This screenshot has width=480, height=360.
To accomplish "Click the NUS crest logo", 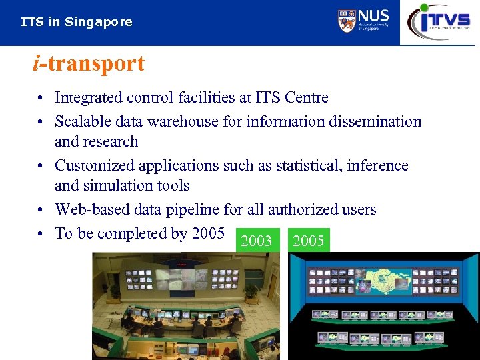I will [347, 21].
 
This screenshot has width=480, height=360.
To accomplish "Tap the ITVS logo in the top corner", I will [439, 21].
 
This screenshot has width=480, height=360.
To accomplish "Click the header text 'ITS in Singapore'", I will [77, 22].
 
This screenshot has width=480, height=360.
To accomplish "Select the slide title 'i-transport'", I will [88, 64].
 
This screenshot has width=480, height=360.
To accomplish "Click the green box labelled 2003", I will [256, 241].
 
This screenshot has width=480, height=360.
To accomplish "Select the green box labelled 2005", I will [309, 241].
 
